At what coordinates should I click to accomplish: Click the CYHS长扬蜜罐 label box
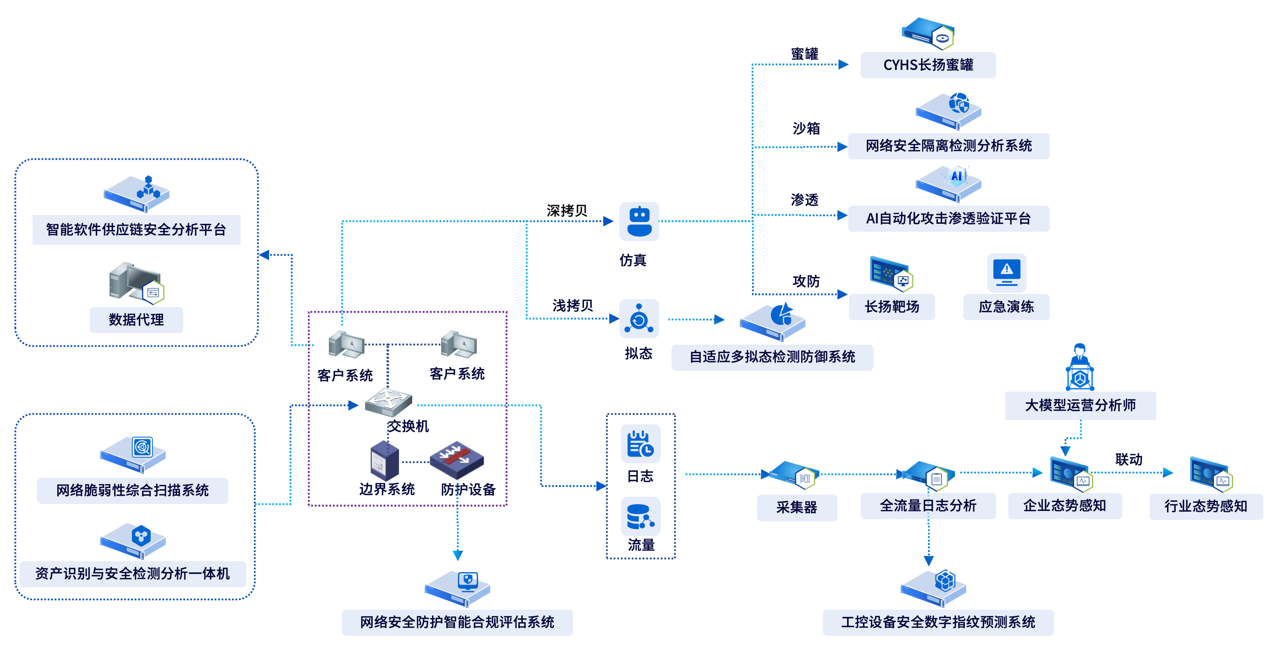tap(928, 65)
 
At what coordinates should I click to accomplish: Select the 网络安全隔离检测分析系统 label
tap(948, 146)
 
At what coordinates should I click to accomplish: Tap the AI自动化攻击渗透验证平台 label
tap(948, 218)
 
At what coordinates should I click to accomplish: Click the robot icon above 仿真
tap(639, 222)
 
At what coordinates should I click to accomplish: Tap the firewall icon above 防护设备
tap(456, 460)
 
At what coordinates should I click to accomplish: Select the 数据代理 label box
tap(136, 320)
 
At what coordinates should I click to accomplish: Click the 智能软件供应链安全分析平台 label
tap(136, 230)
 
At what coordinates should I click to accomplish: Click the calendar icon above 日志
tap(640, 444)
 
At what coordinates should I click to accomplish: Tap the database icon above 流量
tap(640, 517)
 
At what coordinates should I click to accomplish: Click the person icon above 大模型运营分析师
tap(1080, 367)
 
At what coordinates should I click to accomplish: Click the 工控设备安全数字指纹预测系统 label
tap(938, 622)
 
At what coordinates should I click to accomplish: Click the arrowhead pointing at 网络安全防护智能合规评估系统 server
tap(457, 556)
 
